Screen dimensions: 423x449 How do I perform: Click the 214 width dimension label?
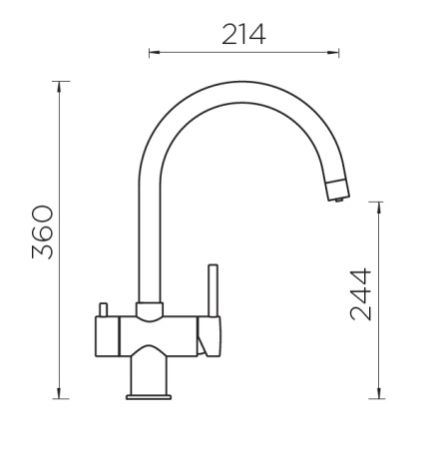pos(243,34)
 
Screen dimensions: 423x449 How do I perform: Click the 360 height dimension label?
pos(43,232)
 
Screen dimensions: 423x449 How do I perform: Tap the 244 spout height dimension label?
pos(361,294)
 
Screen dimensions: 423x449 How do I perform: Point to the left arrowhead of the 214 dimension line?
pos(155,52)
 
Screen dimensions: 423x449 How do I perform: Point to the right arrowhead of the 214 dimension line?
pos(333,52)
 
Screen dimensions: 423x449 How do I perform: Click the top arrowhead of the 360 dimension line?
pos(60,87)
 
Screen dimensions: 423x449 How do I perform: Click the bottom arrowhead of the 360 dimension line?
pos(60,393)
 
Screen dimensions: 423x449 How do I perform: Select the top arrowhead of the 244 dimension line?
pos(379,208)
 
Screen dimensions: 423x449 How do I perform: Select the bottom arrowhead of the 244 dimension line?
pos(379,393)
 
